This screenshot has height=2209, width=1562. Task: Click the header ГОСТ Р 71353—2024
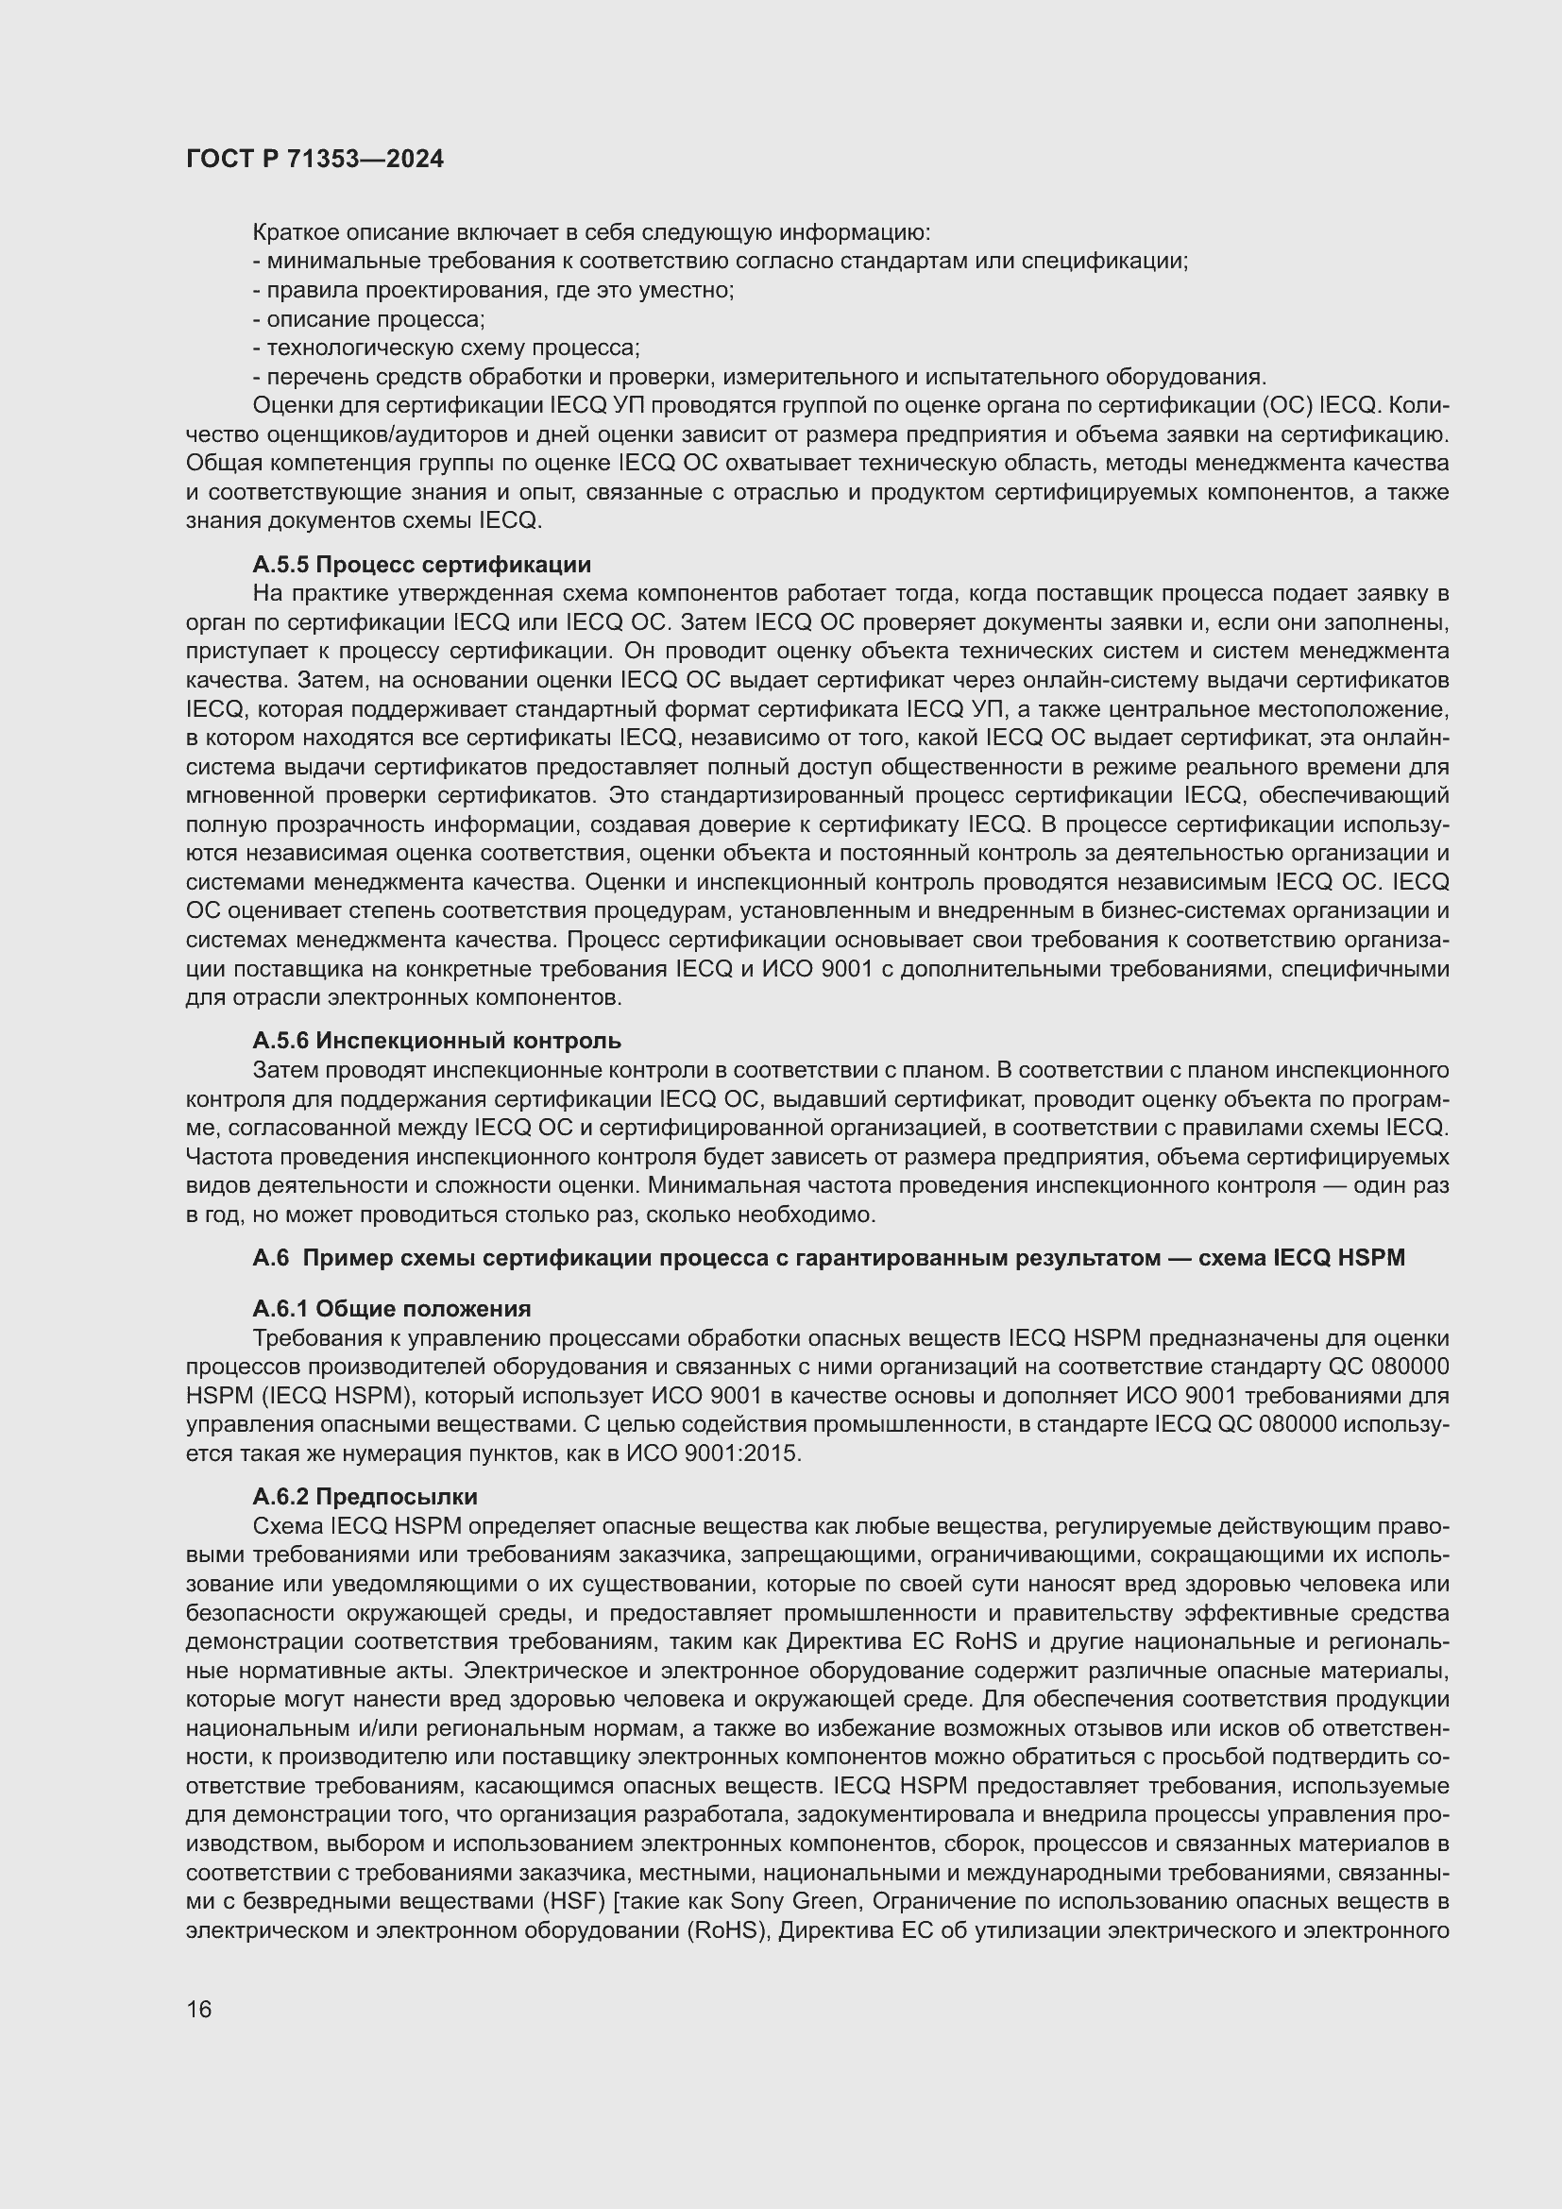point(314,160)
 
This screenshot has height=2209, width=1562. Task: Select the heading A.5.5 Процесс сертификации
point(421,564)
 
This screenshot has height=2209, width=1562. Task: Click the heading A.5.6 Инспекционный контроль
point(436,1040)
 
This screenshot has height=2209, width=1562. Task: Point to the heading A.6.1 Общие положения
point(392,1308)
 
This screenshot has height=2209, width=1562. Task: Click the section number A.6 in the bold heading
point(269,1257)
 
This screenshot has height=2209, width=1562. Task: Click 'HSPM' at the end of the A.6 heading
point(1372,1257)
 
